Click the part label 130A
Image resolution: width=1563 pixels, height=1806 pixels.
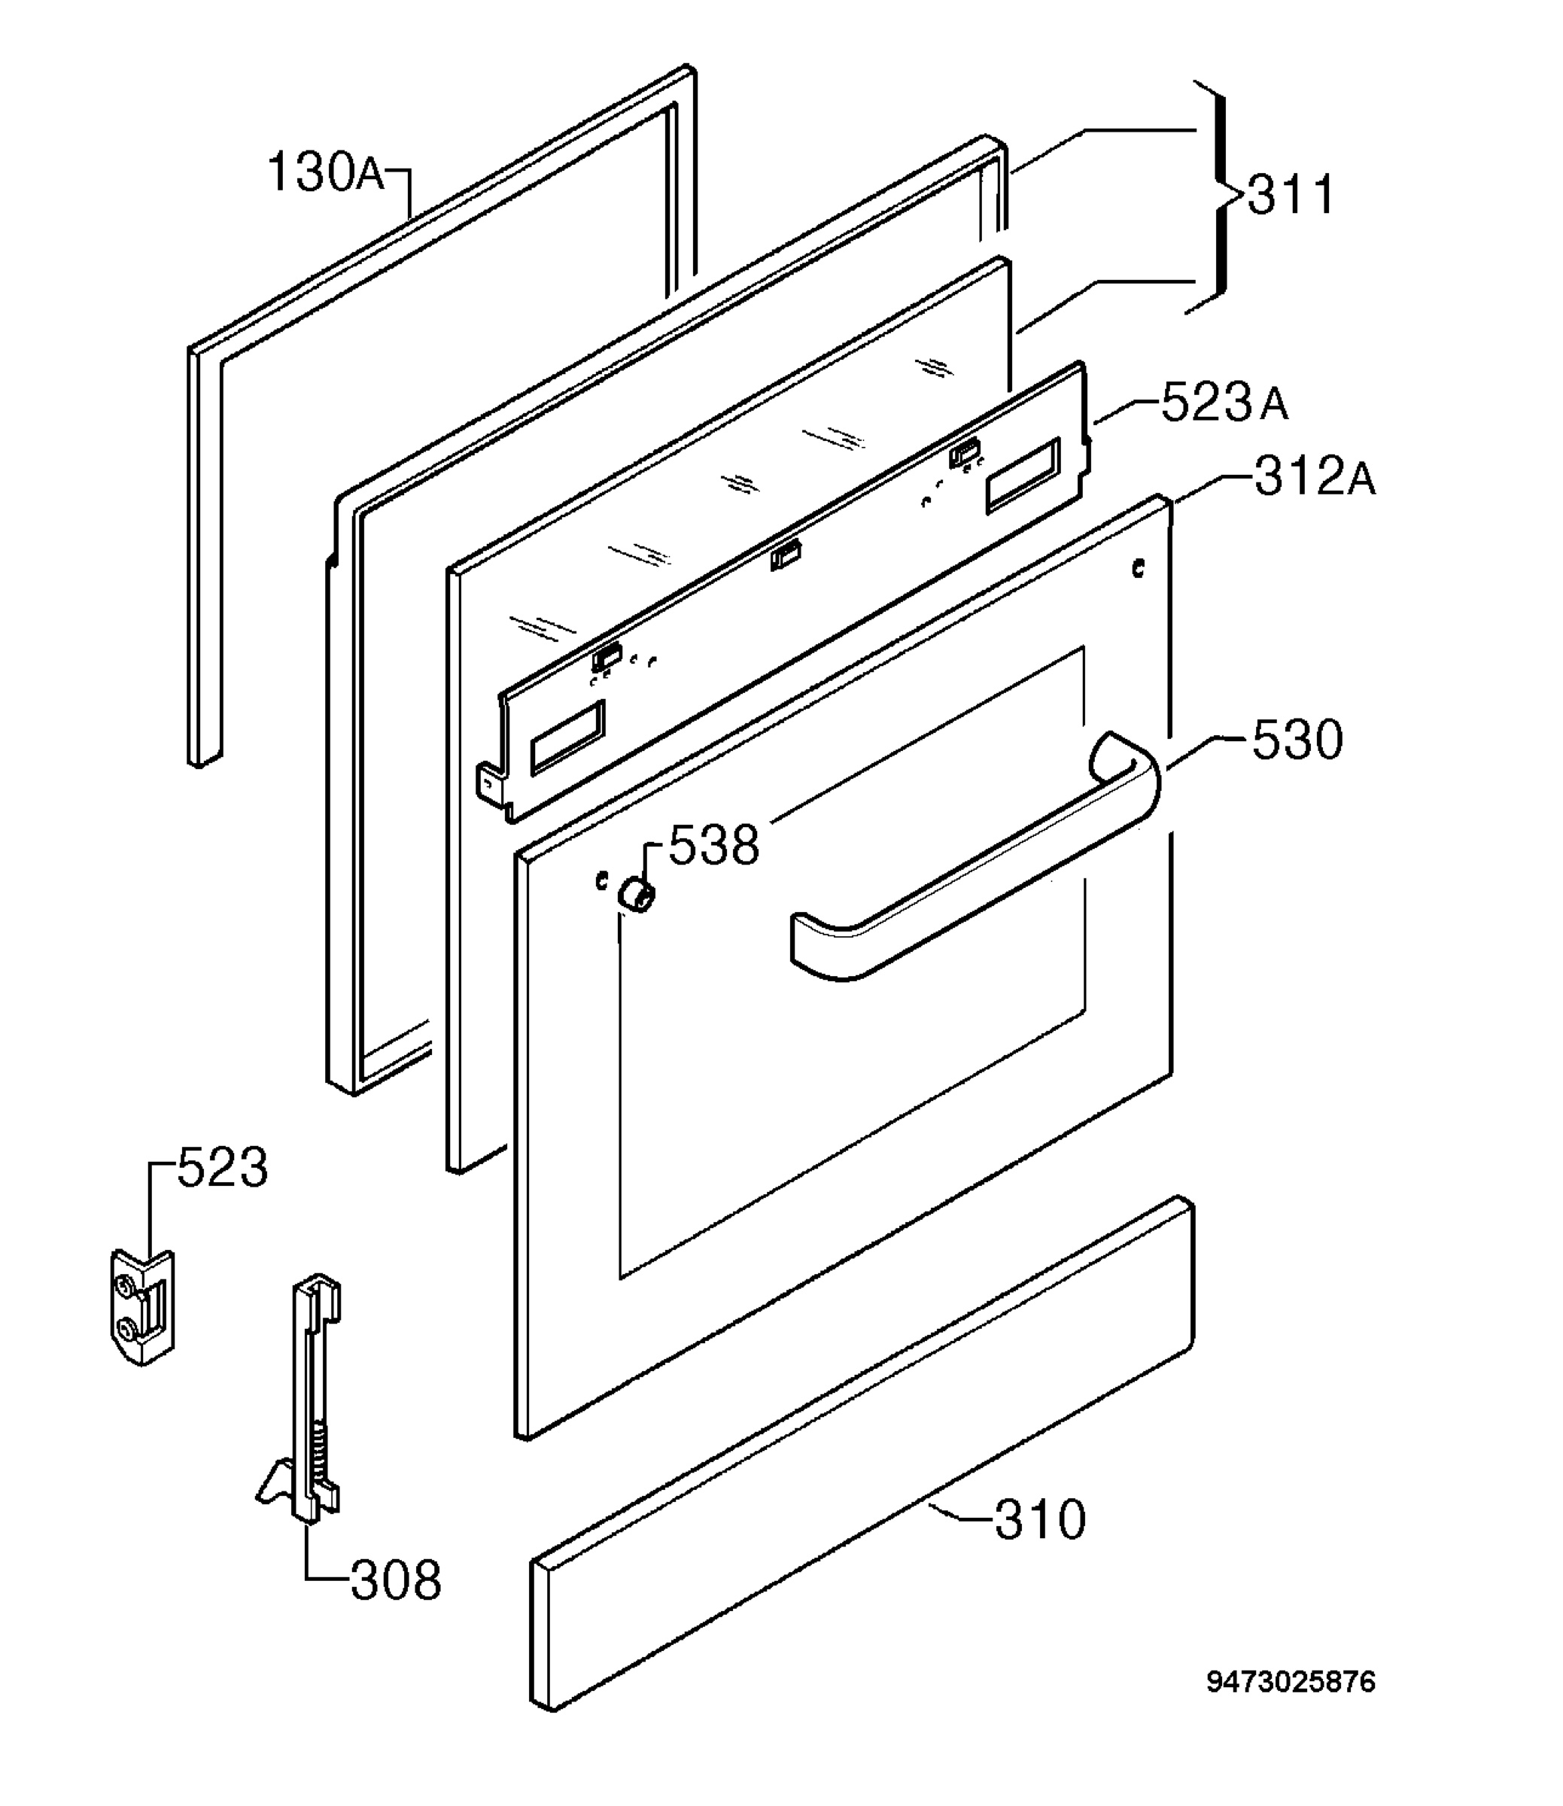pos(325,172)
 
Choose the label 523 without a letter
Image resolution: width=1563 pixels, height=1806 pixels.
pos(223,1168)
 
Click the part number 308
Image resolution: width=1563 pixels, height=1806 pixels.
pos(396,1580)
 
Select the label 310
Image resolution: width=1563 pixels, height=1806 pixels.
pos(1041,1519)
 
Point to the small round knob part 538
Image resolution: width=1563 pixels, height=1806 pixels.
pos(637,895)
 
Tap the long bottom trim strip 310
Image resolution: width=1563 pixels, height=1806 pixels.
pos(862,1454)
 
